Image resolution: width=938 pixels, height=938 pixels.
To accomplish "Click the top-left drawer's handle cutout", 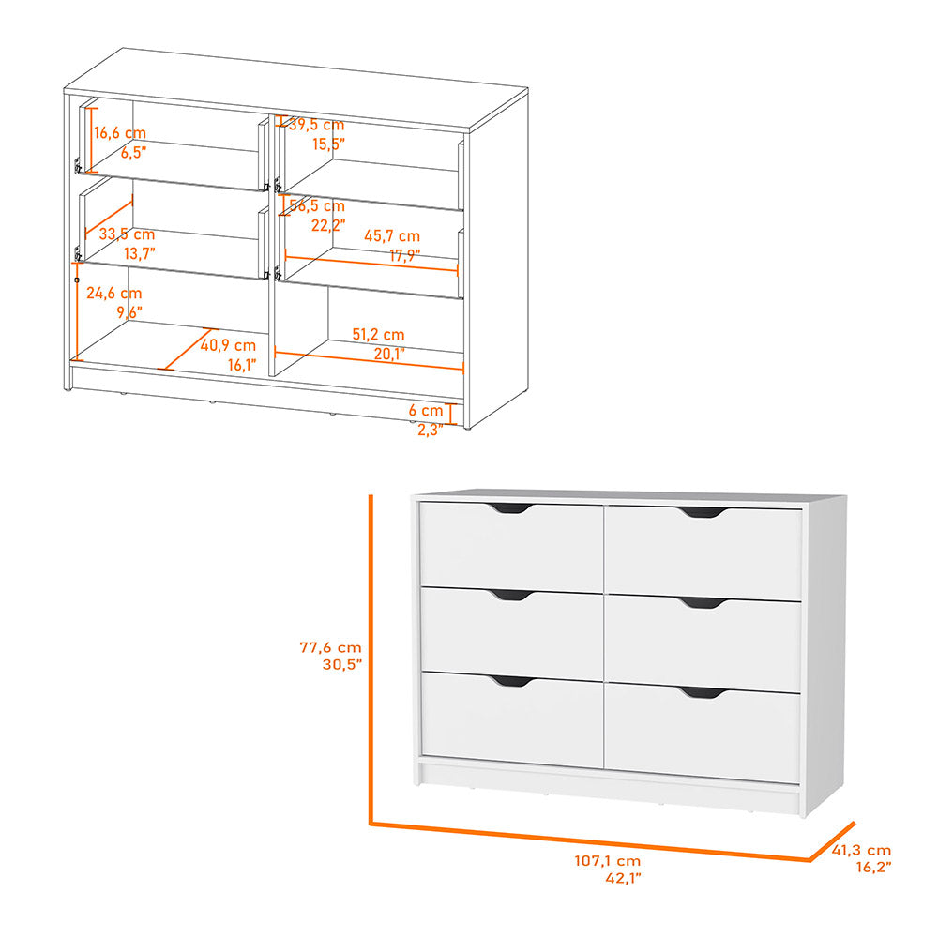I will tap(509, 508).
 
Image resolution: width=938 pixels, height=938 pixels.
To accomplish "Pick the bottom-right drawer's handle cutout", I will tap(702, 692).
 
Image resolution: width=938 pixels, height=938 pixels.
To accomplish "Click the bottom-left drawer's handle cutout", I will tap(509, 681).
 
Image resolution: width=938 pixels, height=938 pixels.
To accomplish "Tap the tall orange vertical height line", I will tap(371, 657).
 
